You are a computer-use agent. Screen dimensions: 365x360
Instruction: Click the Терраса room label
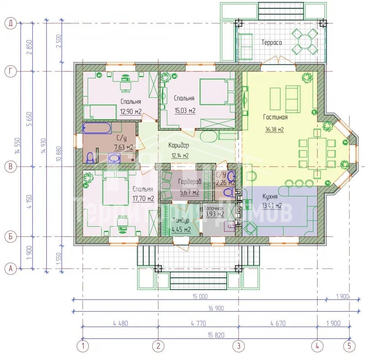272,42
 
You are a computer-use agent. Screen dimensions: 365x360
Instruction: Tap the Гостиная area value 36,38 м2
274,129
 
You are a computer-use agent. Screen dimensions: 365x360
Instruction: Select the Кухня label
270,197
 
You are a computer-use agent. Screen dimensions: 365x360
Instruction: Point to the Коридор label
178,145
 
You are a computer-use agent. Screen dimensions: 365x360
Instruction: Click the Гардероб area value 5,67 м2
189,192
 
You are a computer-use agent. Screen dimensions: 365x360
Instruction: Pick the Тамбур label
181,220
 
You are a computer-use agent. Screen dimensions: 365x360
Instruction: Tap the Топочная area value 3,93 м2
215,214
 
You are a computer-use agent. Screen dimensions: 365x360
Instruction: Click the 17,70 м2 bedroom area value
143,199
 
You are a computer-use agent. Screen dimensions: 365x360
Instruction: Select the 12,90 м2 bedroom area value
131,112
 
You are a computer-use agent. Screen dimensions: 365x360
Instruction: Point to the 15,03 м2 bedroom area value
185,110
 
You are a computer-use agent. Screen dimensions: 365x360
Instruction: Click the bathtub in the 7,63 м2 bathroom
97,128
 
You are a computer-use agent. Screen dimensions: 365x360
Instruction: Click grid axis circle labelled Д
11,23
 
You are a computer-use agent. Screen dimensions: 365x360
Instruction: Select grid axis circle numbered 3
239,345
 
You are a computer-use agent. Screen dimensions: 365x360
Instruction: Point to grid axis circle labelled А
11,269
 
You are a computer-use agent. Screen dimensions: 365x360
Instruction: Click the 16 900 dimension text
216,308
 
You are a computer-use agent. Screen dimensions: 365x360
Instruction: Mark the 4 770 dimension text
198,323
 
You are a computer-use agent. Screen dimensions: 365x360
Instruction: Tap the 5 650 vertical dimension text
29,119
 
